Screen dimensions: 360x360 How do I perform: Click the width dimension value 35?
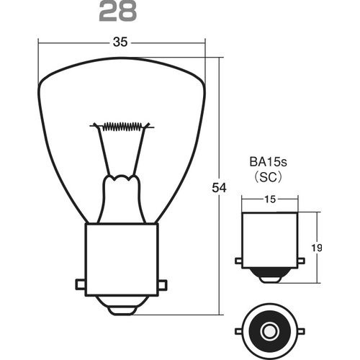pyautogui.click(x=120, y=42)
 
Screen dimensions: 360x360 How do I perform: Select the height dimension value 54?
pyautogui.click(x=220, y=188)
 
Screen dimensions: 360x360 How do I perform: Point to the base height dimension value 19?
pyautogui.click(x=318, y=248)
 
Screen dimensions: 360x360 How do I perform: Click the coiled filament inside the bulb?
pyautogui.click(x=121, y=127)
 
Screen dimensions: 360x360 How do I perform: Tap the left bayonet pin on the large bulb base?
pyautogui.click(x=80, y=284)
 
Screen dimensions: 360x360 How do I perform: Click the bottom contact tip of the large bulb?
pyautogui.click(x=121, y=308)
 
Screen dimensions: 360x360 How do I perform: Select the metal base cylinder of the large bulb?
pyautogui.click(x=121, y=259)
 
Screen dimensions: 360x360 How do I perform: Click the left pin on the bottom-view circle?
pyautogui.click(x=239, y=332)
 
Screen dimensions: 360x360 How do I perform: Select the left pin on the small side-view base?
pyautogui.click(x=239, y=261)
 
